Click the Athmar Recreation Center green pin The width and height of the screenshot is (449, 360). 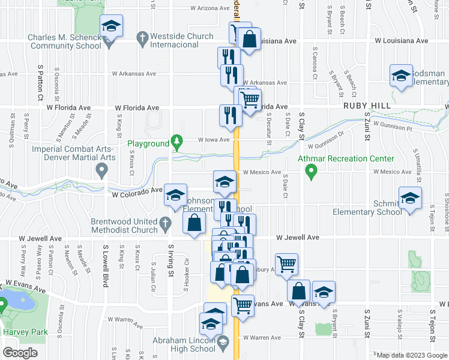point(311,173)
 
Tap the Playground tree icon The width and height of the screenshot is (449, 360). point(176,143)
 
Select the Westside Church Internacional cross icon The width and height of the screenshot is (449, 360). point(142,40)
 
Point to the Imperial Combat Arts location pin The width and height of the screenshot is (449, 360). point(102,172)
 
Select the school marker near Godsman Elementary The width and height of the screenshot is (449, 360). point(401,76)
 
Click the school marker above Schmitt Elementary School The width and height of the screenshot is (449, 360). point(410,198)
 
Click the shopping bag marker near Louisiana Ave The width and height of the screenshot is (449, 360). point(249,40)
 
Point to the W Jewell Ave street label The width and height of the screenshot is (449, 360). point(298,238)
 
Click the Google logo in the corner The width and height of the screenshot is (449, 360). point(20,353)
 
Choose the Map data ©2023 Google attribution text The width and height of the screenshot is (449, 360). point(412,355)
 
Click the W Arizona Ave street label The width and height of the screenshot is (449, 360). point(210,8)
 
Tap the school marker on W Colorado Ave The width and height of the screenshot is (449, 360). point(175,195)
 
